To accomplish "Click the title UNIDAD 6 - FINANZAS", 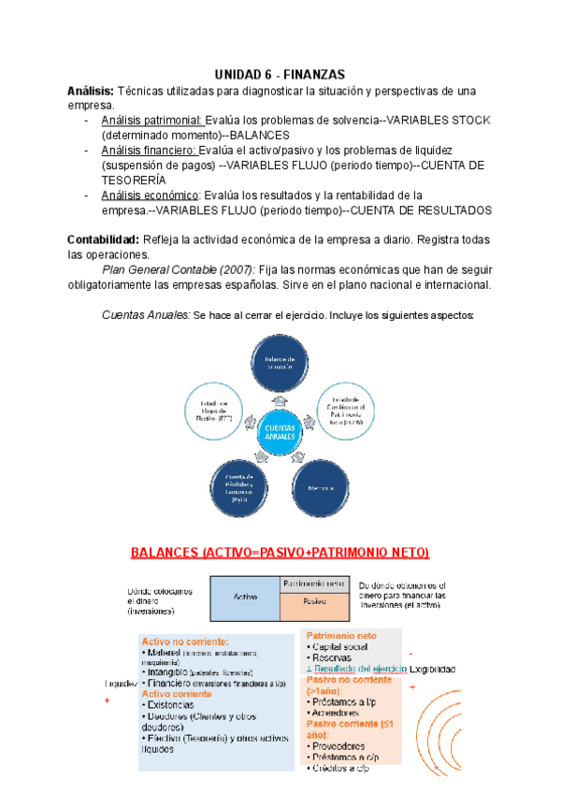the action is pyautogui.click(x=280, y=73).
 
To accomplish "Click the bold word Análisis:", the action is pyautogui.click(x=90, y=90).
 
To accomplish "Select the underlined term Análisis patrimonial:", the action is pyautogui.click(x=151, y=121).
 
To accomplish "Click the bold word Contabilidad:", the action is pyautogui.click(x=103, y=240).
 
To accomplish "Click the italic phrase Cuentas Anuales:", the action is pyautogui.click(x=145, y=315).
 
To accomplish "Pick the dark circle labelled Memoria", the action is pyautogui.click(x=323, y=487).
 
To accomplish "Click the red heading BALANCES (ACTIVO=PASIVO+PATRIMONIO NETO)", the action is pyautogui.click(x=280, y=554).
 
